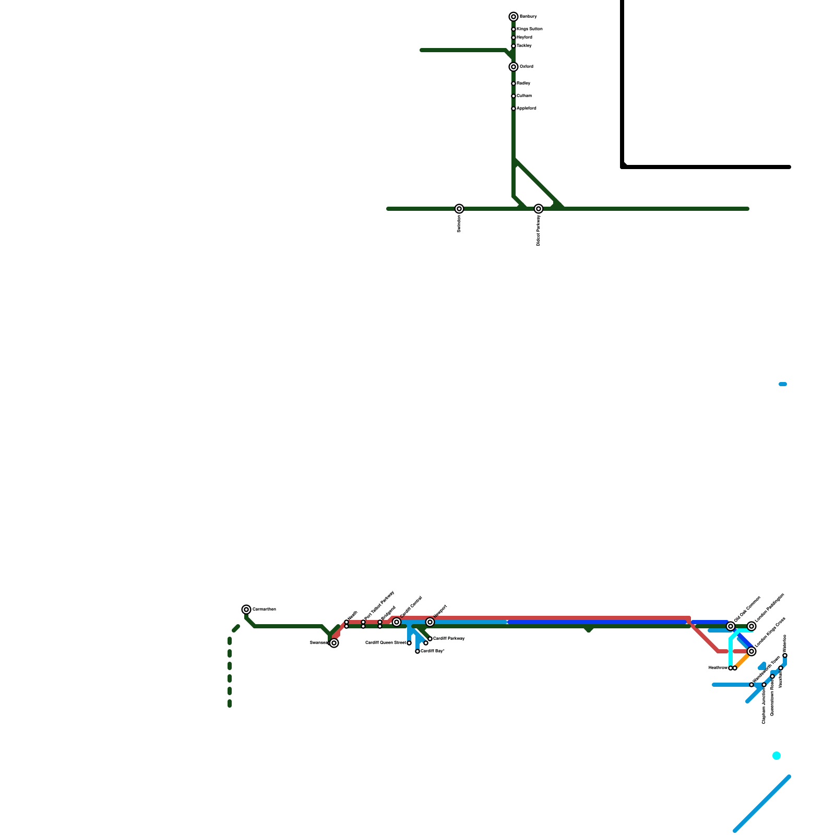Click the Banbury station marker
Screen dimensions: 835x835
tap(514, 17)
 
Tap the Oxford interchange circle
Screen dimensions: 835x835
tap(514, 67)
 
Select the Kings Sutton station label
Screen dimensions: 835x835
tap(529, 29)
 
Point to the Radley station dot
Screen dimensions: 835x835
tap(514, 83)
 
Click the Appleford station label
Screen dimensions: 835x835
tap(526, 109)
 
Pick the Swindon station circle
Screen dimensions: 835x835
tap(459, 209)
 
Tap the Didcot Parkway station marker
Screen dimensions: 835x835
tap(539, 209)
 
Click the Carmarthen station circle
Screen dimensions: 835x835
tap(246, 610)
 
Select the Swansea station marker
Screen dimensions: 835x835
tap(334, 643)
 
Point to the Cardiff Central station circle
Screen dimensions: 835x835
tap(397, 622)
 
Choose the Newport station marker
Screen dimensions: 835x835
tap(430, 622)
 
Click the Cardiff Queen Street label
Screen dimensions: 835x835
tap(385, 643)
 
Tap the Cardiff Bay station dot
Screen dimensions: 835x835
tap(417, 651)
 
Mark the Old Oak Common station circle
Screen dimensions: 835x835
tap(731, 626)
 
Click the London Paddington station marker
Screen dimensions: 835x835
tap(751, 626)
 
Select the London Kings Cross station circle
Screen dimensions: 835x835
tap(751, 651)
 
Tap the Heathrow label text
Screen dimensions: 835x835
tap(718, 668)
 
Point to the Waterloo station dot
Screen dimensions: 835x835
tap(785, 655)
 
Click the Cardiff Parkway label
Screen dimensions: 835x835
tap(449, 639)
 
